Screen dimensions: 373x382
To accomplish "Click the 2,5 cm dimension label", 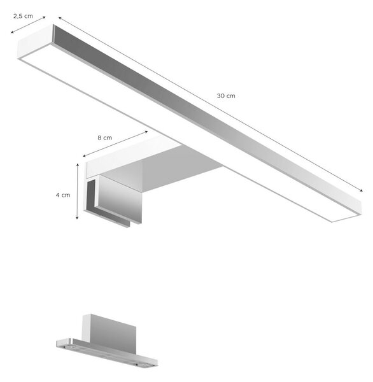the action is click(x=23, y=16).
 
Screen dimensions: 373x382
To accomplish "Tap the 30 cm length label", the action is click(x=226, y=95).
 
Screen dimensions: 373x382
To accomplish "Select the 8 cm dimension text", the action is click(x=105, y=138).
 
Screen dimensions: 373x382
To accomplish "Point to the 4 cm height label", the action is click(x=63, y=195).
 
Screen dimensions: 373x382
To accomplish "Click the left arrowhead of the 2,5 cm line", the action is click(x=11, y=32).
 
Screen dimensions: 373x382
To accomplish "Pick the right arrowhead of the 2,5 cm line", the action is click(x=45, y=17).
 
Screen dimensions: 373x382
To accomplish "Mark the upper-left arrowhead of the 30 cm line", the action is click(x=60, y=18).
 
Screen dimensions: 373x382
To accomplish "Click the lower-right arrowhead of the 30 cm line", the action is click(x=362, y=190).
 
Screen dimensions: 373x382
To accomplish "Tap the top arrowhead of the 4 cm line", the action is click(x=78, y=165).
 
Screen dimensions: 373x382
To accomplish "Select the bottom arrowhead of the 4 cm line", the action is click(x=77, y=218).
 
